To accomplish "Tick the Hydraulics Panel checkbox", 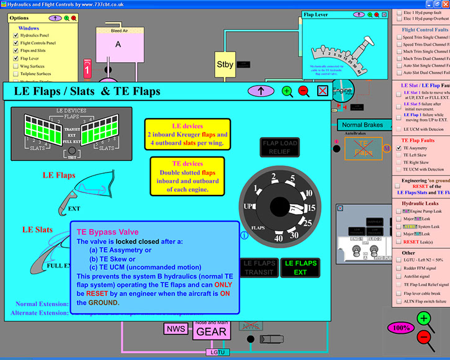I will (x=16, y=36).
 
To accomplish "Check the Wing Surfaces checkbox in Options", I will (x=16, y=66).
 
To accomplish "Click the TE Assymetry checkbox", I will (x=398, y=148).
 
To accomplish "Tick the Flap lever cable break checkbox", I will (x=398, y=292).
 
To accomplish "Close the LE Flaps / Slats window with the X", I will (x=323, y=91).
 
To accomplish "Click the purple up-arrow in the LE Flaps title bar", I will (x=261, y=91).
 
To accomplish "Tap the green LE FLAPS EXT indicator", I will (x=300, y=267).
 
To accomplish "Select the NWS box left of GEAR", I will (x=172, y=328).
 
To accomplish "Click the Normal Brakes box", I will (x=362, y=125).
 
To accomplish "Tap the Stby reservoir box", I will (x=225, y=64).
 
